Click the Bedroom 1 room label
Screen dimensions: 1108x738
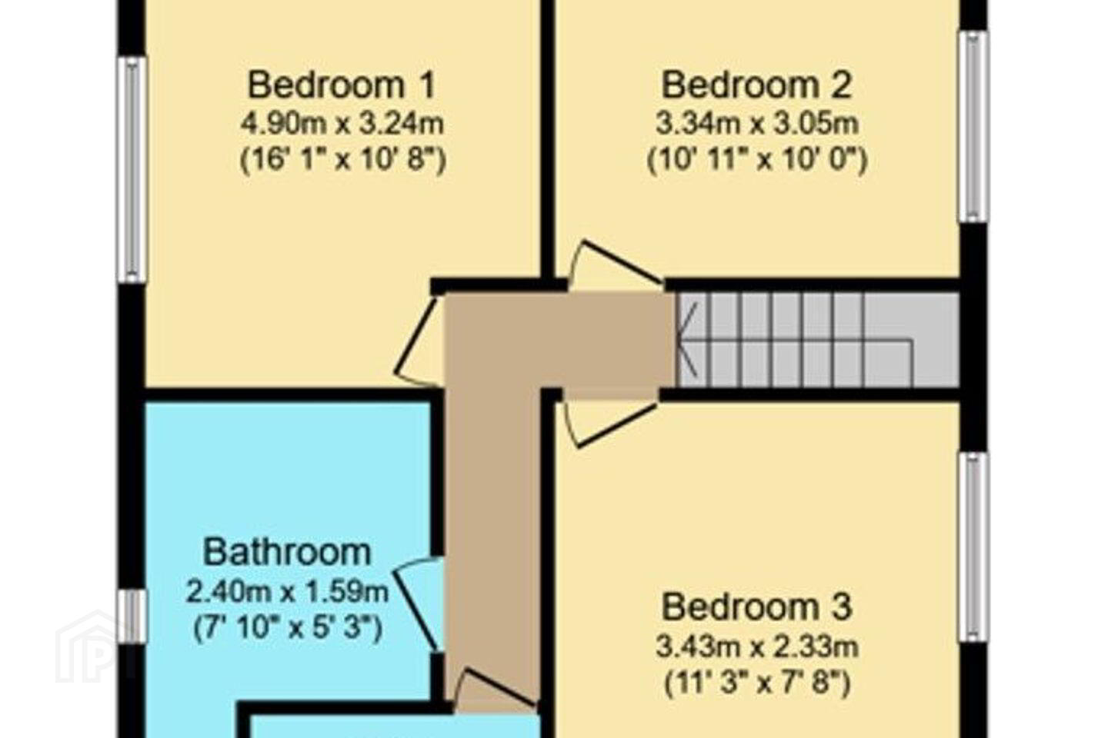point(342,85)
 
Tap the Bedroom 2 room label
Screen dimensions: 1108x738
point(757,85)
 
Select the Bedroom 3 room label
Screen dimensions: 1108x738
point(757,607)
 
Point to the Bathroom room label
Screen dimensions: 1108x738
point(287,552)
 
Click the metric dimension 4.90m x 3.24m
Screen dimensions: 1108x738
point(342,124)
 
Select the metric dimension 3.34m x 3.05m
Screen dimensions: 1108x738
point(757,124)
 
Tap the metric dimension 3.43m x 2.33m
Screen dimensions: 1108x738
point(757,647)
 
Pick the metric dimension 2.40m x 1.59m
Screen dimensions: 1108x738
point(287,591)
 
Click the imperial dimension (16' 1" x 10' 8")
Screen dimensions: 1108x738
point(343,160)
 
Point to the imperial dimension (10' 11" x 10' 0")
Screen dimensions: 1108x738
point(757,160)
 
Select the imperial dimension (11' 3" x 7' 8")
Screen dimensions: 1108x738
point(757,683)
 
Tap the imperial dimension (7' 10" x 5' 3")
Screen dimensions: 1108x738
point(288,628)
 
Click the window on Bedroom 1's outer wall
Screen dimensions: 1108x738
point(132,170)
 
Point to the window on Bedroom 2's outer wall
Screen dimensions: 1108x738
point(973,127)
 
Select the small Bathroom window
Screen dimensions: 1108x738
point(132,616)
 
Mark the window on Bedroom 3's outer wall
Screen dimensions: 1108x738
point(973,547)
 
